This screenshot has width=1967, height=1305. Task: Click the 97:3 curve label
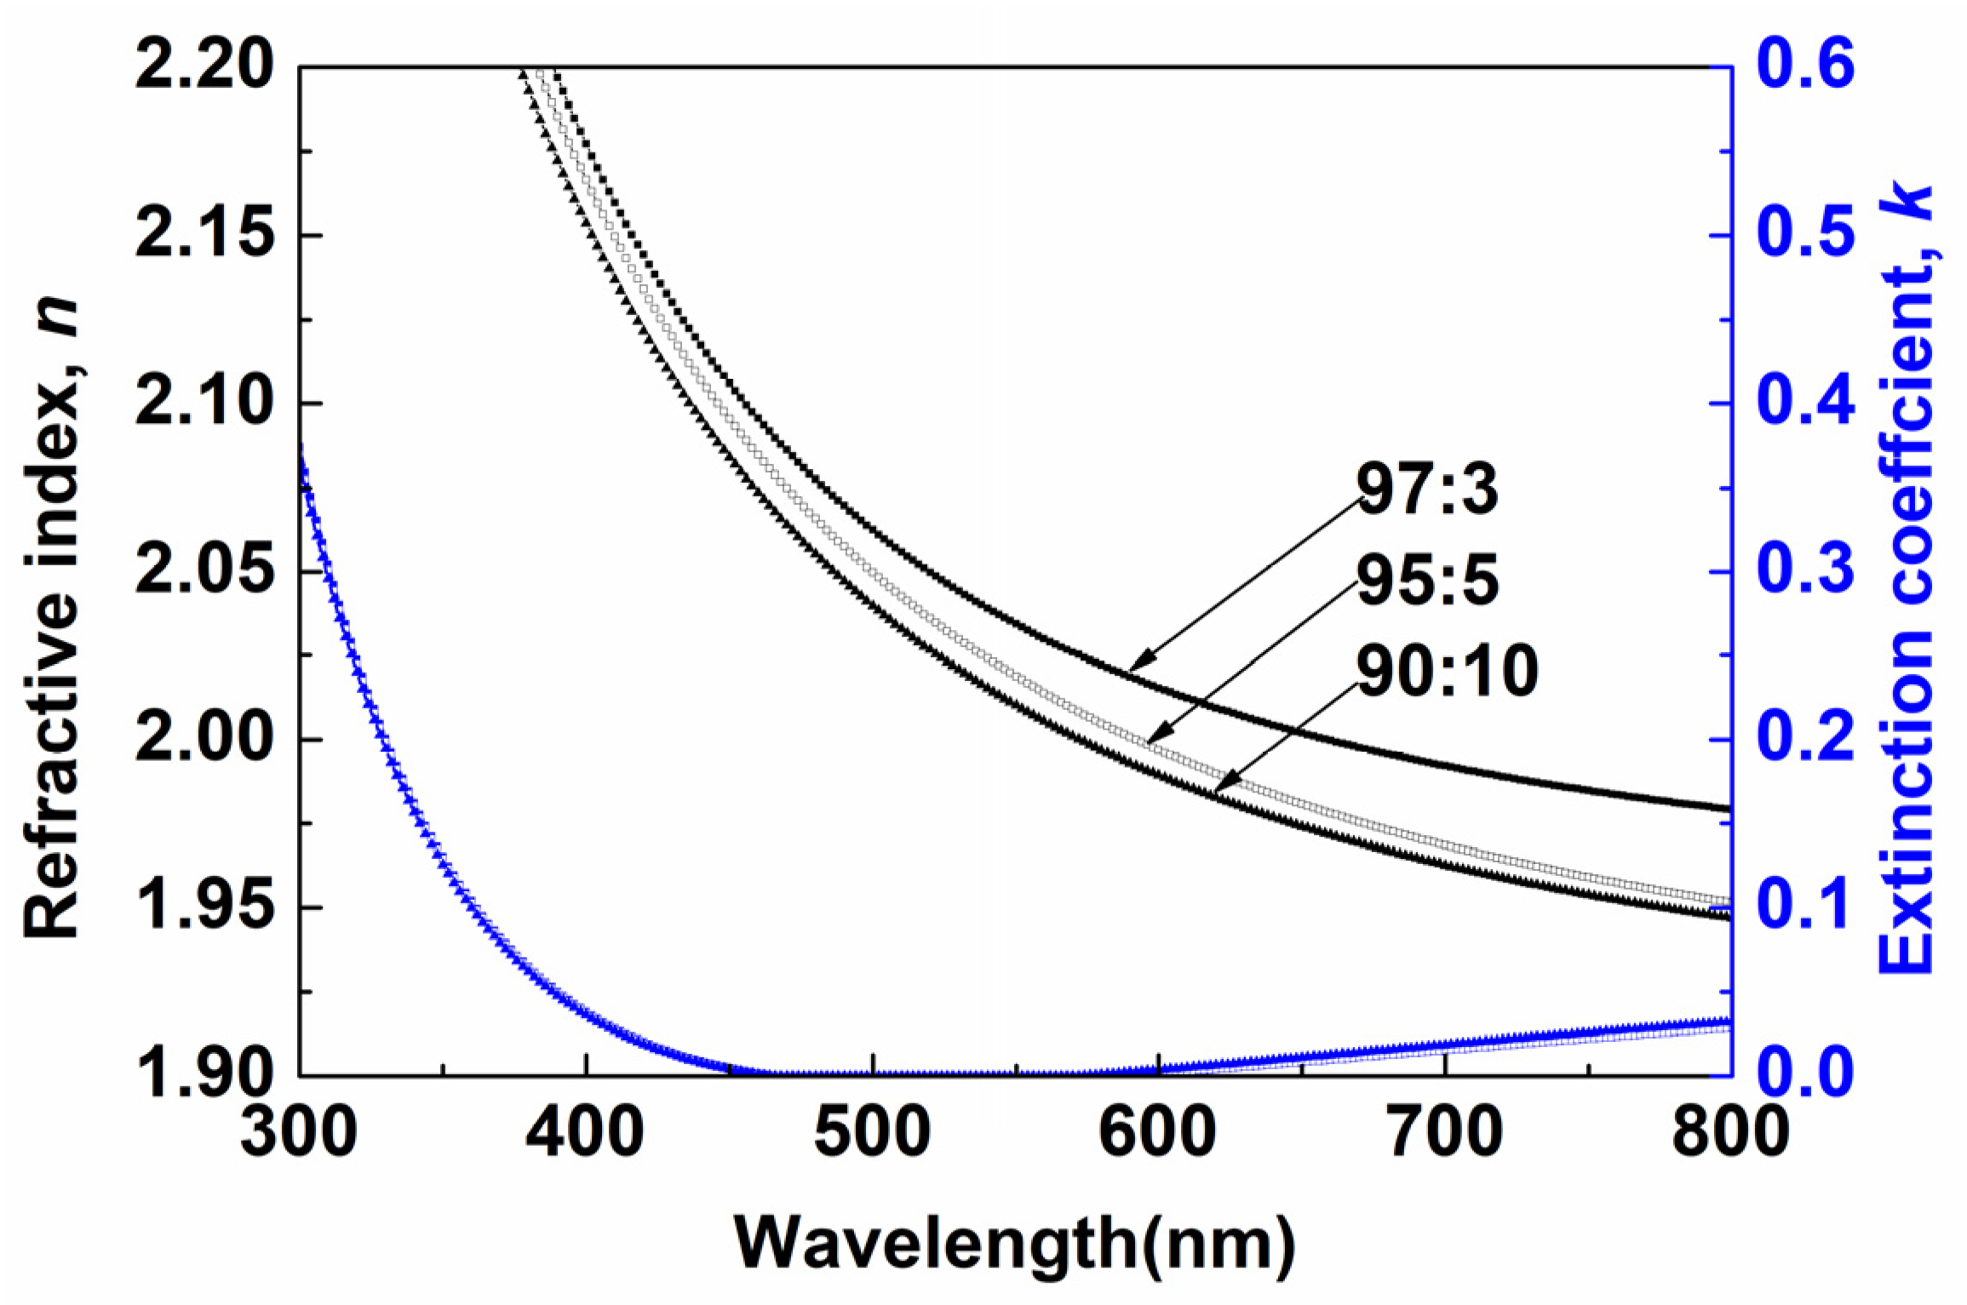pyautogui.click(x=1427, y=490)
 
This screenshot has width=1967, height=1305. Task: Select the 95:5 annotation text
pyautogui.click(x=1427, y=581)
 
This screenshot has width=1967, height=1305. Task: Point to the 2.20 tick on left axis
pyautogui.click(x=205, y=66)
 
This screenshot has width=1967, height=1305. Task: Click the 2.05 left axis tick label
pyautogui.click(x=205, y=570)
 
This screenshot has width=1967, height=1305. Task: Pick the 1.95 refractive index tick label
pyautogui.click(x=205, y=906)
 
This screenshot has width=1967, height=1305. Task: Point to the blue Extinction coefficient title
pyautogui.click(x=1907, y=579)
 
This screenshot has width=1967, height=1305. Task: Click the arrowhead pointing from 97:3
pyautogui.click(x=1136, y=667)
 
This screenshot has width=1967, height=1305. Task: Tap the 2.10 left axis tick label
pyautogui.click(x=205, y=402)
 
